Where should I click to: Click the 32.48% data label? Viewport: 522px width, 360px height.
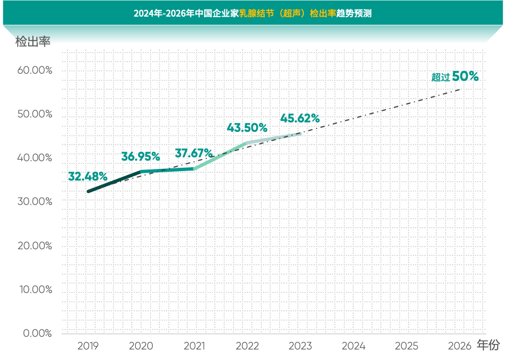pyautogui.click(x=87, y=177)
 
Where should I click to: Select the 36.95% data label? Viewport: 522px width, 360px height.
pyautogui.click(x=141, y=157)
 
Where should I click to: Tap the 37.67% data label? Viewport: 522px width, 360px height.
pyautogui.click(x=194, y=153)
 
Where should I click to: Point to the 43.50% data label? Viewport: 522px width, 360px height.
pyautogui.click(x=247, y=127)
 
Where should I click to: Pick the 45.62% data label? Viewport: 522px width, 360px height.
pyautogui.click(x=300, y=118)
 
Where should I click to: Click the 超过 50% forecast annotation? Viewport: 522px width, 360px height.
pyautogui.click(x=455, y=77)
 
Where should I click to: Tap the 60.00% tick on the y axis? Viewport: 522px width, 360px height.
pyautogui.click(x=35, y=70)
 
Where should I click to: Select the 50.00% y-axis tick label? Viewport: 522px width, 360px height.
pyautogui.click(x=35, y=114)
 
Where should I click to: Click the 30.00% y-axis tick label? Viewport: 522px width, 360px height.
pyautogui.click(x=35, y=202)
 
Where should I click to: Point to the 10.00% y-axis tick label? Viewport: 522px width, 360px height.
pyautogui.click(x=35, y=289)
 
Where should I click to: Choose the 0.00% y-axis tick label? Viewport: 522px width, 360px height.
pyautogui.click(x=37, y=333)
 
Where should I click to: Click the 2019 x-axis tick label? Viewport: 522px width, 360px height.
pyautogui.click(x=88, y=346)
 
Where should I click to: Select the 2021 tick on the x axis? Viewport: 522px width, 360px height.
pyautogui.click(x=194, y=346)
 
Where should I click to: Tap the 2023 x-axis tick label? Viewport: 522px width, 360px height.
pyautogui.click(x=300, y=346)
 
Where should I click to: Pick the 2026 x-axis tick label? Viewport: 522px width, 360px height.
pyautogui.click(x=459, y=346)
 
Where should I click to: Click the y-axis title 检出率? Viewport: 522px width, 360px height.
pyautogui.click(x=33, y=42)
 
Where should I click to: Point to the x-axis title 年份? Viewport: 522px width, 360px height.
pyautogui.click(x=488, y=346)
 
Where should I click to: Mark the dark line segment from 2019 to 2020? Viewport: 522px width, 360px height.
pyautogui.click(x=115, y=182)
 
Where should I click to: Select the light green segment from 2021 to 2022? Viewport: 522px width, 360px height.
pyautogui.click(x=220, y=156)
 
